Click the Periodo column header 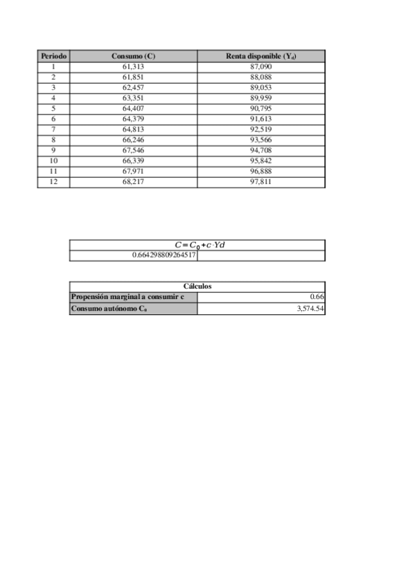[53, 56]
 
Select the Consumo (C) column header [133, 56]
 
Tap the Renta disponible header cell [261, 56]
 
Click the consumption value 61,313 [133, 66]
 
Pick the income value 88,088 [261, 77]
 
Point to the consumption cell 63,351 [133, 98]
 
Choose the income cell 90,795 [261, 108]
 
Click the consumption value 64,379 [133, 118]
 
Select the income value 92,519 [261, 129]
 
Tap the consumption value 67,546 [133, 150]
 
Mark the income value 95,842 [261, 160]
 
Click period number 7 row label [53, 129]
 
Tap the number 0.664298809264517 [164, 255]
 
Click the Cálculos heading [197, 286]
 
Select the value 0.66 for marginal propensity [318, 297]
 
